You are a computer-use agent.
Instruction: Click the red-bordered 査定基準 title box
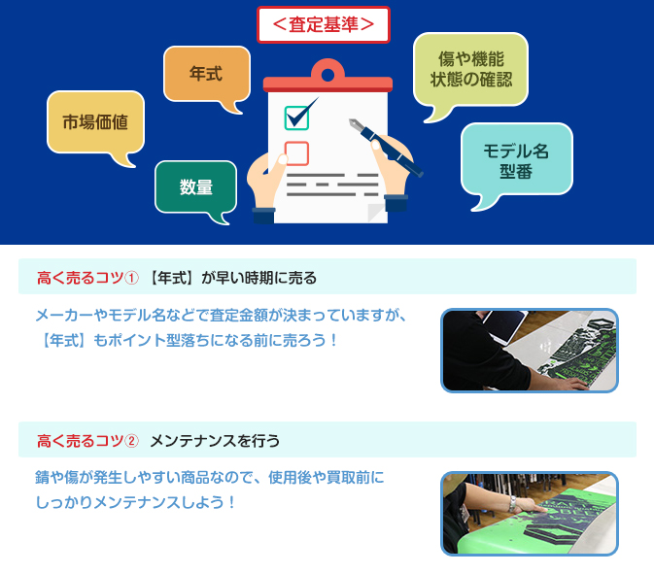coord(324,24)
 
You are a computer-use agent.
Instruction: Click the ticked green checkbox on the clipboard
coord(297,118)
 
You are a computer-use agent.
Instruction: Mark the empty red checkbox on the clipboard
coord(296,153)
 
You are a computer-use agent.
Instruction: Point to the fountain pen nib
coord(356,123)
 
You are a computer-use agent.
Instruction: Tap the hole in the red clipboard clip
coord(327,75)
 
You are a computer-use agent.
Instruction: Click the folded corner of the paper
coord(377,212)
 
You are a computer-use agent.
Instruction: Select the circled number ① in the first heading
coord(131,278)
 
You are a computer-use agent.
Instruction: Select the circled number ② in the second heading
coord(131,441)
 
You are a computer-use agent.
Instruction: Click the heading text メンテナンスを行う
coord(215,441)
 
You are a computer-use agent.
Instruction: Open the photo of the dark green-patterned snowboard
coord(530,351)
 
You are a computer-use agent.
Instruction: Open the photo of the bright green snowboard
coord(530,514)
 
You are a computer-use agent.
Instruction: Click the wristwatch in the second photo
coord(512,504)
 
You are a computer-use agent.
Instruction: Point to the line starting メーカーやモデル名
coord(221,315)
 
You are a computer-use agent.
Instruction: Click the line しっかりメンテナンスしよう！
coord(135,502)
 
